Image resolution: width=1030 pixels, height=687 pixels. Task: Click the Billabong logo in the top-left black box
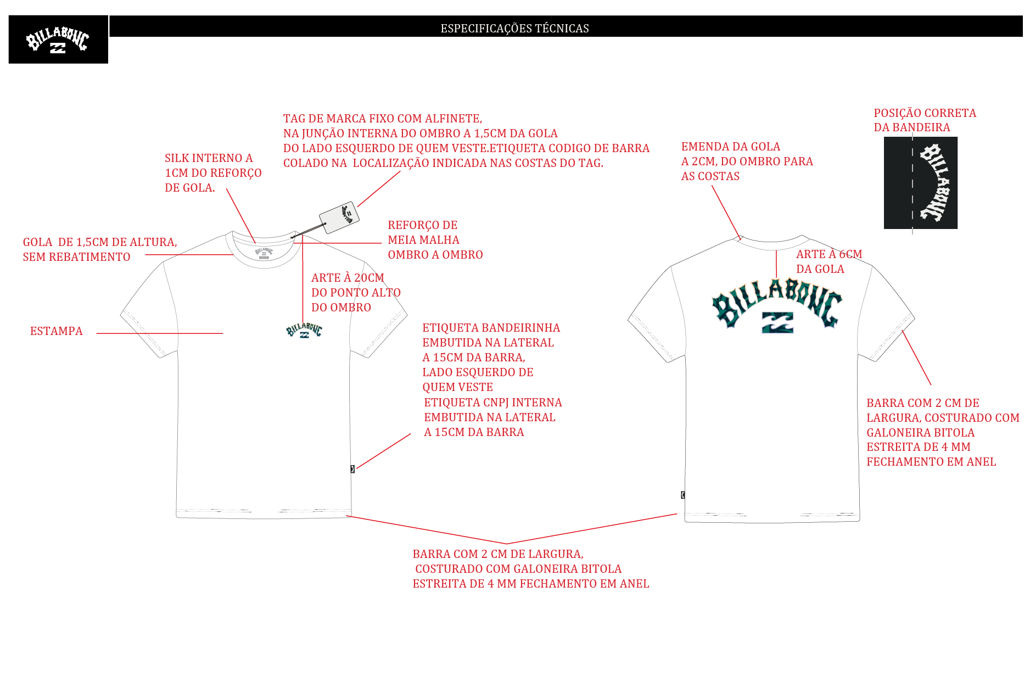(x=58, y=40)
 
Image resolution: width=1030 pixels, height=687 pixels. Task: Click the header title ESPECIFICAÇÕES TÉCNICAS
(x=514, y=28)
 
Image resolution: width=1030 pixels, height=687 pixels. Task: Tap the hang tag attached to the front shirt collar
(x=339, y=217)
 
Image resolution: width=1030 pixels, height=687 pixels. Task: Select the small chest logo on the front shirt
(x=304, y=331)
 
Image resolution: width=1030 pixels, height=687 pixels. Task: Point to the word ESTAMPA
(x=57, y=331)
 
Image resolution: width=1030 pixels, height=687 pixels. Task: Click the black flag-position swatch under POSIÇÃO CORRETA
(x=920, y=183)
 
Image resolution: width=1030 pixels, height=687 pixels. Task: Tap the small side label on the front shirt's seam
(x=352, y=469)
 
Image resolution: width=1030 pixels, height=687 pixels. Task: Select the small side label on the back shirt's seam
(x=682, y=495)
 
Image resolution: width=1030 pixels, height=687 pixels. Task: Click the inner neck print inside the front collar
(x=264, y=253)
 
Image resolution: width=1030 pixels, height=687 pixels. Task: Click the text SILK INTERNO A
(x=209, y=158)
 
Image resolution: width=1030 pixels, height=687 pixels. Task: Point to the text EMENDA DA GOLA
(x=731, y=147)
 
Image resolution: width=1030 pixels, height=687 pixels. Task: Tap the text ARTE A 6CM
(x=829, y=254)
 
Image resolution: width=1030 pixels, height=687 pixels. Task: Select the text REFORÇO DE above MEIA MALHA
(x=423, y=225)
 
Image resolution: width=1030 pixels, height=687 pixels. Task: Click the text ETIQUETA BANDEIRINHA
(x=491, y=328)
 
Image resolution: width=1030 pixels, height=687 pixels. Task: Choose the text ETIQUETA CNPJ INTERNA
(x=493, y=403)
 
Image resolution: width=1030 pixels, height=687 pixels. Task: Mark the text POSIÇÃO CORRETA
(x=925, y=113)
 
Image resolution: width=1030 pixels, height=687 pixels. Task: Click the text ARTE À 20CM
(x=348, y=278)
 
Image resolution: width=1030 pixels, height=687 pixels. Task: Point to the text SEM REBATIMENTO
(x=76, y=257)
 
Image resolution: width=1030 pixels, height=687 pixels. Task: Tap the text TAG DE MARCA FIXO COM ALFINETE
(x=383, y=119)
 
